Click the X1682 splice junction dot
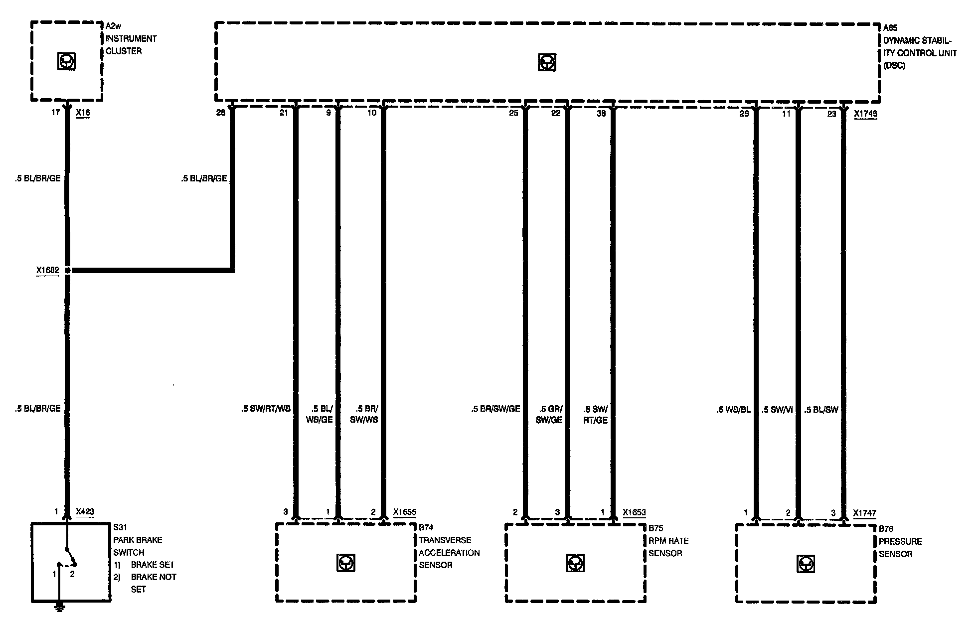point(68,271)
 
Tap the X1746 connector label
point(865,114)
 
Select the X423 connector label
point(85,511)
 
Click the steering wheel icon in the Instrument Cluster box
point(66,62)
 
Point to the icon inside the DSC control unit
point(547,63)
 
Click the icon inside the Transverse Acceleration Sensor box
point(345,563)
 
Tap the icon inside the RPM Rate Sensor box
point(575,563)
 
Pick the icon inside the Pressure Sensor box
point(805,564)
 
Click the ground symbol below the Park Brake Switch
point(59,607)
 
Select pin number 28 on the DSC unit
point(220,113)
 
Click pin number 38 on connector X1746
point(601,114)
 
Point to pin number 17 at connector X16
point(55,113)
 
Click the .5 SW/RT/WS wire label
point(265,409)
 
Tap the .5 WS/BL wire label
point(733,410)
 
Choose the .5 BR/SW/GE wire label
point(495,409)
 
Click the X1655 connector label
point(404,512)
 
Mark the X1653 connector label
point(634,512)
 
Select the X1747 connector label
point(864,513)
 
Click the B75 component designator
point(655,528)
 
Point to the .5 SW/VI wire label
point(777,410)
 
